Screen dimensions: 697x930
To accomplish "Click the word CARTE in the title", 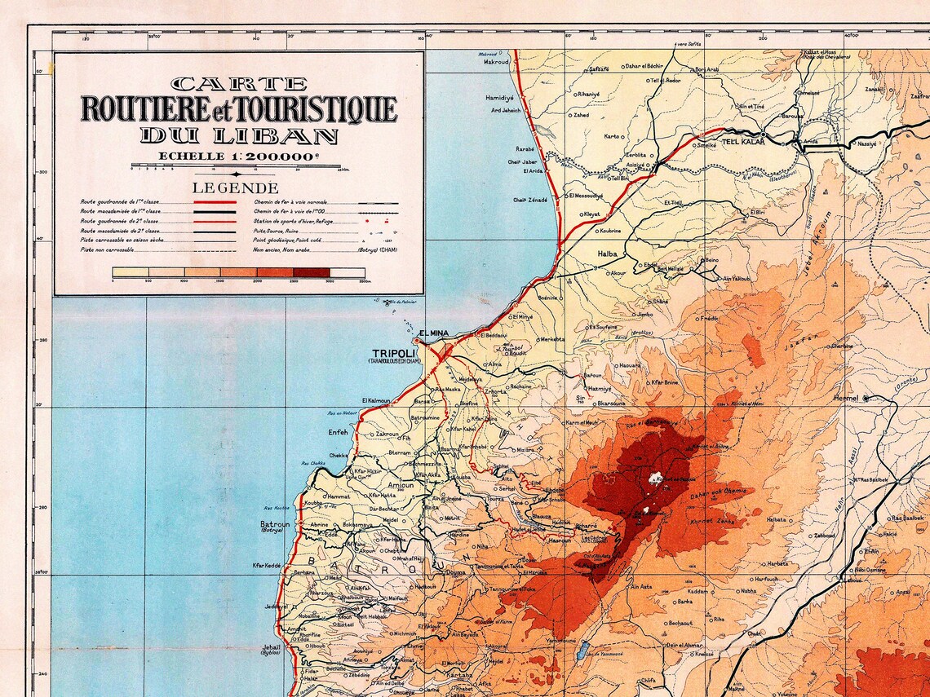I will [239, 83].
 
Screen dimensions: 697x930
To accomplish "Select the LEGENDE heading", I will [238, 187].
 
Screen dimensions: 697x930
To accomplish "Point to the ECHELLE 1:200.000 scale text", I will [238, 157].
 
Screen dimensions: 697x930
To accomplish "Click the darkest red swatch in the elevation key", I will [312, 273].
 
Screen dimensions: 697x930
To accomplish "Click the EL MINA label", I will [433, 333].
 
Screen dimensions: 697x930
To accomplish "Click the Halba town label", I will [607, 254].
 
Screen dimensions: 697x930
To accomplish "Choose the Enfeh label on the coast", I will [338, 431].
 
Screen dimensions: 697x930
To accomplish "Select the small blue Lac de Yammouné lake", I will [584, 650].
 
